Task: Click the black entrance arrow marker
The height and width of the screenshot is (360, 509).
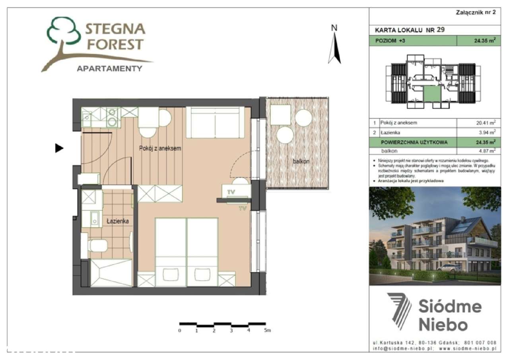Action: tap(59, 148)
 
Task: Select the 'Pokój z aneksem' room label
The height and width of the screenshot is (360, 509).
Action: tap(160, 148)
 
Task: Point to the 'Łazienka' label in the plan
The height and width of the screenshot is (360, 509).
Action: tap(117, 221)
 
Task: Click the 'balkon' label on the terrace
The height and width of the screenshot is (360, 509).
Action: tap(301, 162)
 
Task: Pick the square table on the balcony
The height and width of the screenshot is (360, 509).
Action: tap(281, 115)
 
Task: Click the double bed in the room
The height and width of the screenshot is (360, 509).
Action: tap(187, 251)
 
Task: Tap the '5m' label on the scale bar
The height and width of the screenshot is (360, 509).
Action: tap(267, 331)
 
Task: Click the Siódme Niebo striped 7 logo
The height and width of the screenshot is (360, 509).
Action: tap(399, 311)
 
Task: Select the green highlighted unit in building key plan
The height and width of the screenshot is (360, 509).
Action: tap(432, 94)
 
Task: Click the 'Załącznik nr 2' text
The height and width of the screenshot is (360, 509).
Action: tap(476, 12)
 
